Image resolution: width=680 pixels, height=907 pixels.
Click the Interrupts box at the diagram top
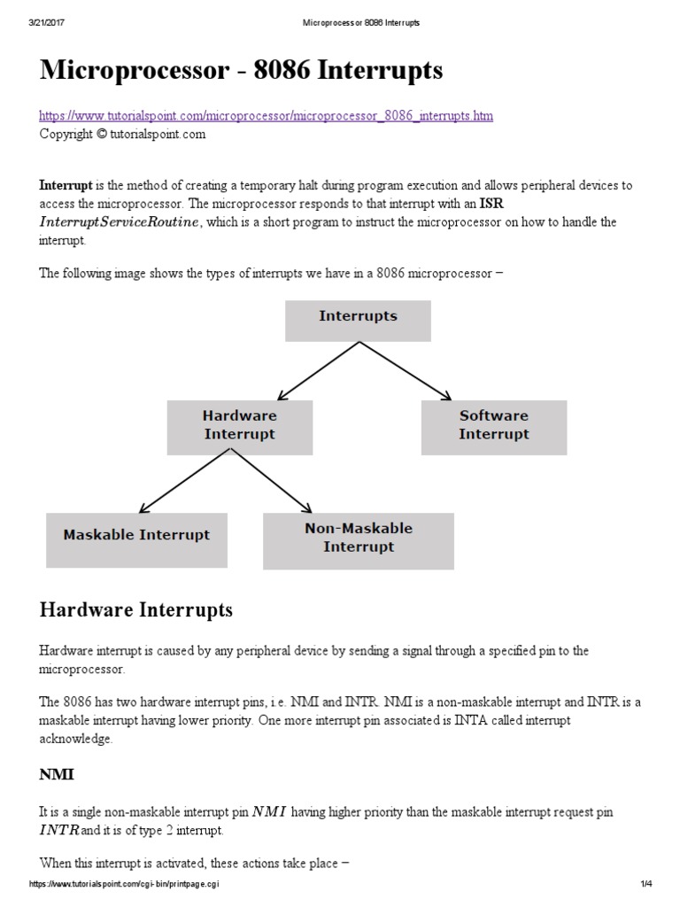[x=358, y=321]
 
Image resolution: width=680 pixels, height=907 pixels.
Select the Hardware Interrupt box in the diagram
[x=239, y=425]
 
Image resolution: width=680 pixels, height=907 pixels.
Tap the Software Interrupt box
[x=493, y=425]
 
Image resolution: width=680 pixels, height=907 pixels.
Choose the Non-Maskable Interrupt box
[x=358, y=538]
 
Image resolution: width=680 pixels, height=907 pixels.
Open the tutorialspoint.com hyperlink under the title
[x=267, y=116]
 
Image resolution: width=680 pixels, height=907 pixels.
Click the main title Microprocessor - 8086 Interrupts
[x=241, y=71]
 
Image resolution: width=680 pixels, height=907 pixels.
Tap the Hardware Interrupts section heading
[x=136, y=609]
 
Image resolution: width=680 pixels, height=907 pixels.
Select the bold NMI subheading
[x=57, y=774]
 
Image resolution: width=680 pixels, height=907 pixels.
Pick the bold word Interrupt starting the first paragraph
[x=66, y=186]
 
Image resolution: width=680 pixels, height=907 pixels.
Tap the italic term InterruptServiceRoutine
[x=120, y=222]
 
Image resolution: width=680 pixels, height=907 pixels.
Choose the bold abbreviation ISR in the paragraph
[x=491, y=204]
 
